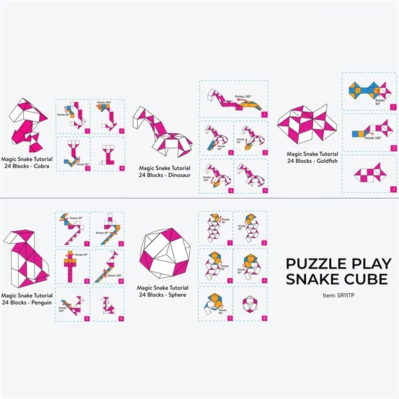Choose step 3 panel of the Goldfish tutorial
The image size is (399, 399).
(x=370, y=174)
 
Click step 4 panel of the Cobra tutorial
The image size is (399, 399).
(x=107, y=154)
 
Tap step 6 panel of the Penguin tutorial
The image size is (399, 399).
(x=107, y=304)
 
